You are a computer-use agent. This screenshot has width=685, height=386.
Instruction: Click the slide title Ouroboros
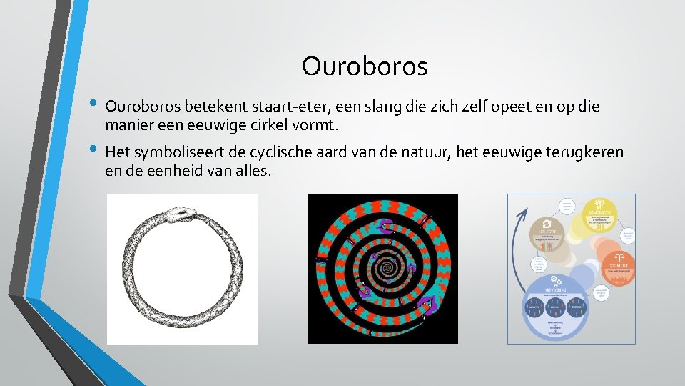pyautogui.click(x=365, y=66)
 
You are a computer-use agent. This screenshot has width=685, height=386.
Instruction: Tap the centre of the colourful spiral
pyautogui.click(x=386, y=269)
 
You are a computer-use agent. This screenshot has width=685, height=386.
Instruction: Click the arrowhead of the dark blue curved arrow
pyautogui.click(x=527, y=212)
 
